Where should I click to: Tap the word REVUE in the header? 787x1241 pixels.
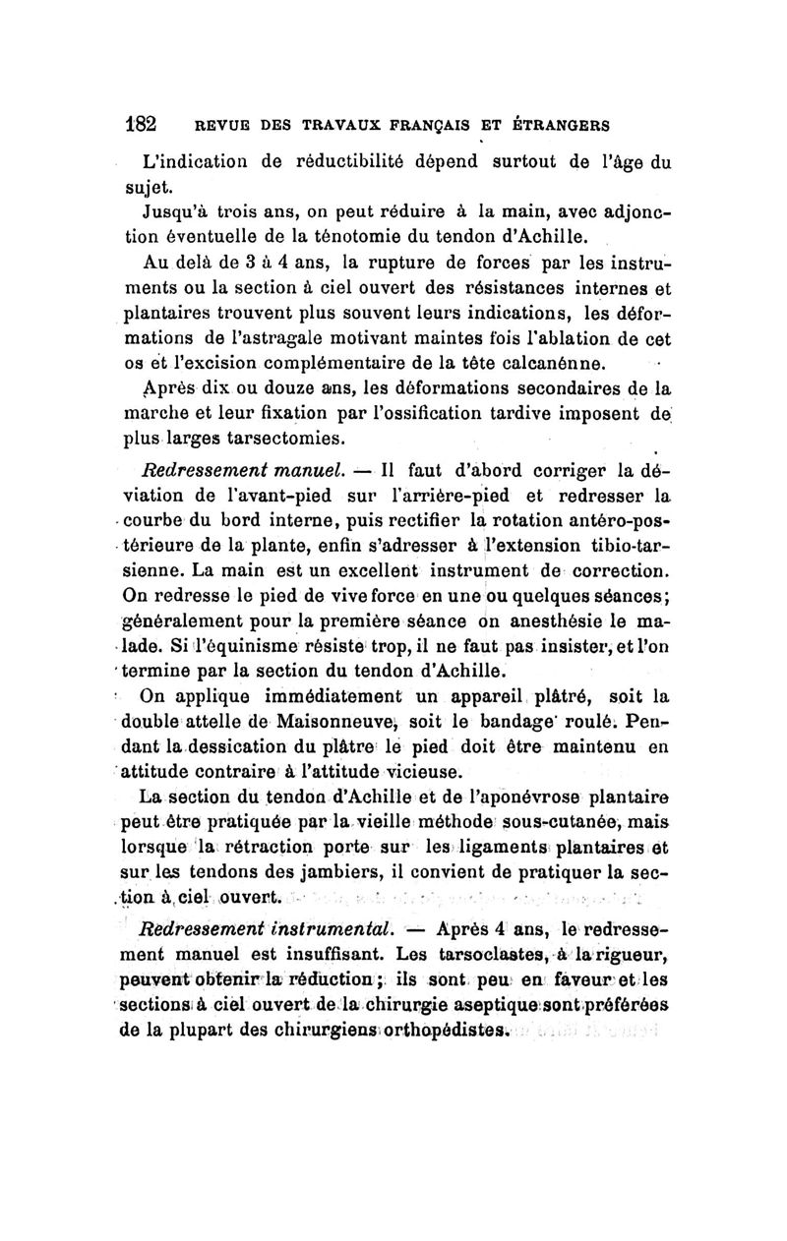click(221, 126)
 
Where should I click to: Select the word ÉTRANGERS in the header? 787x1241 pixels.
click(559, 126)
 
